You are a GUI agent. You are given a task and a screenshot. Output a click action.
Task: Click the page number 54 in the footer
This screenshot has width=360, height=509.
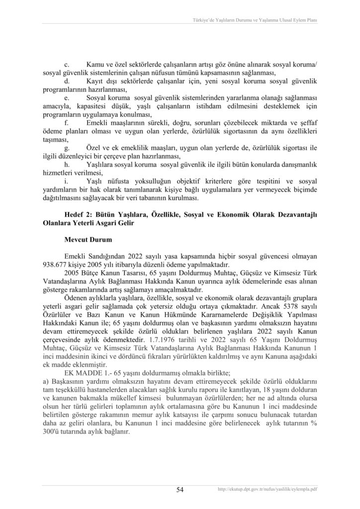click(x=180, y=490)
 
